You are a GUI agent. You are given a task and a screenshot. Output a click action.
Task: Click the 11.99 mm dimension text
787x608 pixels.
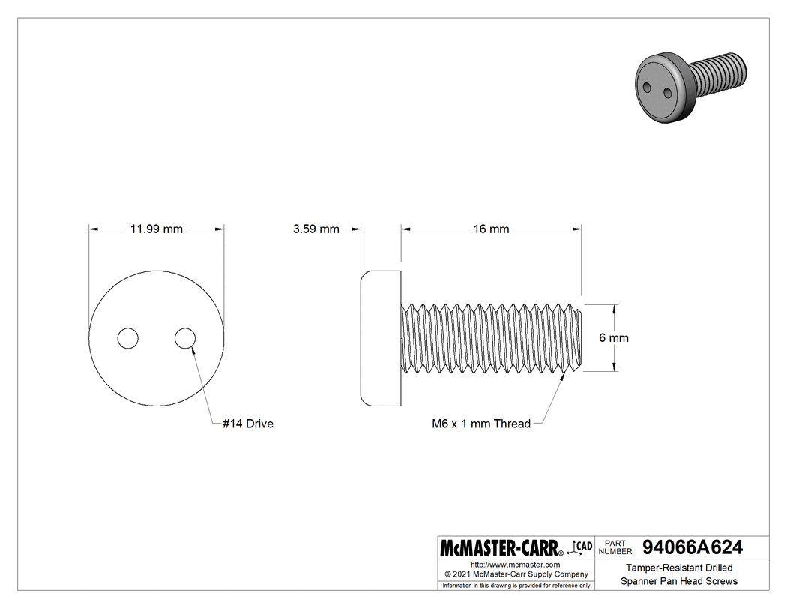(x=156, y=229)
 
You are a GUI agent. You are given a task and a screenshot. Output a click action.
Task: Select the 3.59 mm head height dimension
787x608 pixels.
(x=316, y=229)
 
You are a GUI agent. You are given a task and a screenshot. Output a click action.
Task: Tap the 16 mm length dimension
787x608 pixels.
(x=491, y=229)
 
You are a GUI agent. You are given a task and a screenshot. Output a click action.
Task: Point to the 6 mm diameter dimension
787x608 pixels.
(x=613, y=338)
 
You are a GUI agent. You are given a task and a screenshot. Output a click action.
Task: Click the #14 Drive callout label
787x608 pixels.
(x=248, y=424)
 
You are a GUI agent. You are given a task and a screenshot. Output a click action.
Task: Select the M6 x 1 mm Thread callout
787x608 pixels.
(x=480, y=424)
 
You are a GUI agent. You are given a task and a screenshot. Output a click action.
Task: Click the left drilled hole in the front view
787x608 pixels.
(x=128, y=338)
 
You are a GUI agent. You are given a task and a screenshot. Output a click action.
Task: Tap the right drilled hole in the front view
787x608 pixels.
(x=185, y=338)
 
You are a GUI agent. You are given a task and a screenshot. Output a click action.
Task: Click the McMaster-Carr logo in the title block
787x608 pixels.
(x=501, y=547)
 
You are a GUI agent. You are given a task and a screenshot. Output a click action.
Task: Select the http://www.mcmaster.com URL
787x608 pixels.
(x=515, y=564)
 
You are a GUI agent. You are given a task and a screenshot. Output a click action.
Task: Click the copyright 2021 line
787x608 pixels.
(x=515, y=574)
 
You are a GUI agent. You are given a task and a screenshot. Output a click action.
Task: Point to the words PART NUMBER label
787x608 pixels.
(x=616, y=547)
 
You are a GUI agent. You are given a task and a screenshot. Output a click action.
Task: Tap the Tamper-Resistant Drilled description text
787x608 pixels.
(x=678, y=568)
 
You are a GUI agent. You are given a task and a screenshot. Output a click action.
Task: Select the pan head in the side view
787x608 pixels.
(x=381, y=338)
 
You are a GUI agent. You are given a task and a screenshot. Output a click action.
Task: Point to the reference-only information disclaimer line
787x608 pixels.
(x=516, y=585)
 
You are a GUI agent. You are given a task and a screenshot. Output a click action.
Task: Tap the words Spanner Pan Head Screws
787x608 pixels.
(x=678, y=581)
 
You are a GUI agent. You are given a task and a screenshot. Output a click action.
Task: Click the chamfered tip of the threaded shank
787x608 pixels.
(x=579, y=338)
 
